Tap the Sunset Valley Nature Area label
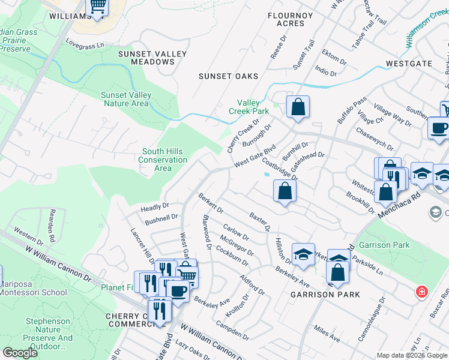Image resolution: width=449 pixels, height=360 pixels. click(x=125, y=99)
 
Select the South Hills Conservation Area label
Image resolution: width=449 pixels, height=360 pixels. click(x=163, y=160)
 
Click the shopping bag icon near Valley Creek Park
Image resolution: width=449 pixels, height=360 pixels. click(x=298, y=107)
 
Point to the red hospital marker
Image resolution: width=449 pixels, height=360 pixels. click(x=422, y=292)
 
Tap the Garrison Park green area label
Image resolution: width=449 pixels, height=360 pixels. click(x=384, y=245)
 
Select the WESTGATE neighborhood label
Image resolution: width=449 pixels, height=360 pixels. click(x=409, y=62)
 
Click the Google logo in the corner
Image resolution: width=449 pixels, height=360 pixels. click(x=20, y=353)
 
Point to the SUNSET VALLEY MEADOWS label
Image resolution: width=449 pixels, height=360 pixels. click(x=152, y=58)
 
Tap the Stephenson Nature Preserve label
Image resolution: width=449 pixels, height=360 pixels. click(x=49, y=334)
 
